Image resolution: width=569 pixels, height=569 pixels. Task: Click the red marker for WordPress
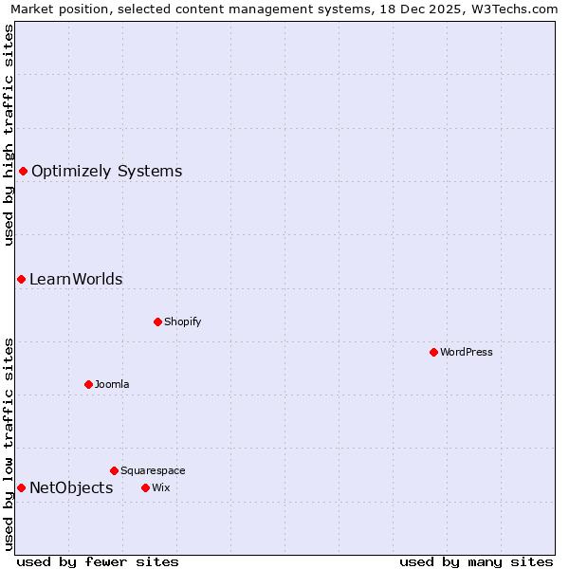[x=433, y=352]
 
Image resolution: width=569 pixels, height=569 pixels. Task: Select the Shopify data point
[x=157, y=321]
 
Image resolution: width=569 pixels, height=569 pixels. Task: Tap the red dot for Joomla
[x=88, y=384]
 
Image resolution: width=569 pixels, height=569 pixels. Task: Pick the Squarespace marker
[x=114, y=470]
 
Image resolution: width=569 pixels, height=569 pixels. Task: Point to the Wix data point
[x=145, y=487]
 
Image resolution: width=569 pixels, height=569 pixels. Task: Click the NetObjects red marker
[x=21, y=487]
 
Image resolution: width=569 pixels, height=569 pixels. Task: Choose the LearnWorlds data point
[x=21, y=279]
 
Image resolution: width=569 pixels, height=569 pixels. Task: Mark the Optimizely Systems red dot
[x=23, y=171]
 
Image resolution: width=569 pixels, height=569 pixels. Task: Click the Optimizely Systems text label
[x=106, y=172]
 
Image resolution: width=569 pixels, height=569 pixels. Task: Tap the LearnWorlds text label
[x=76, y=280]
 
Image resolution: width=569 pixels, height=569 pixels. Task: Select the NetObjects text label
[x=71, y=488]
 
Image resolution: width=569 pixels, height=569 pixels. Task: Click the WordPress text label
[x=467, y=352]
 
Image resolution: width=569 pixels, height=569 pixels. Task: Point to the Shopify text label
[x=183, y=321]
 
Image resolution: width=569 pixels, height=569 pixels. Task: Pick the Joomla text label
[x=112, y=384]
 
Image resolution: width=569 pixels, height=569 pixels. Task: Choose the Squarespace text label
[x=153, y=470]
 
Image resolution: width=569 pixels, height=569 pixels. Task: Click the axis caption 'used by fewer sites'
[x=98, y=561]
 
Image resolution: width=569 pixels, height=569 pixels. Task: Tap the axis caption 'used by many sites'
[x=476, y=561]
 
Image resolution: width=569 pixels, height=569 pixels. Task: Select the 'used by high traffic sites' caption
[x=9, y=135]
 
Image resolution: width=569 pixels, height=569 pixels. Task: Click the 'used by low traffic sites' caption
[x=9, y=444]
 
